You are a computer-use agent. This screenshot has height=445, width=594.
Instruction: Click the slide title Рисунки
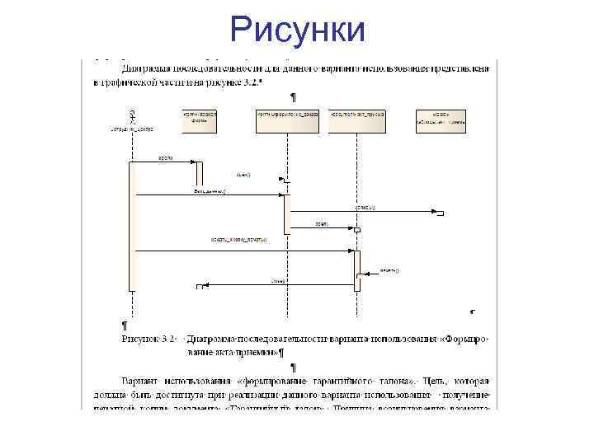pyautogui.click(x=297, y=30)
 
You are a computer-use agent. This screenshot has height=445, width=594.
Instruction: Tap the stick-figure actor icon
pyautogui.click(x=130, y=116)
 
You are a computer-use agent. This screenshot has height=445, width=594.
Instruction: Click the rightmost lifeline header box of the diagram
pyautogui.click(x=440, y=120)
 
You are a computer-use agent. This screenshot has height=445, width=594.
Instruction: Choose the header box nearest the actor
pyautogui.click(x=199, y=120)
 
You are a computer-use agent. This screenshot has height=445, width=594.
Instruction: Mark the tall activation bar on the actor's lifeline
pyautogui.click(x=131, y=226)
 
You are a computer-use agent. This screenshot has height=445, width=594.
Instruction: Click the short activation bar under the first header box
pyautogui.click(x=199, y=173)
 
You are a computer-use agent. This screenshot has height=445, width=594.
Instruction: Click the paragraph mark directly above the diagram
pyautogui.click(x=293, y=96)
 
